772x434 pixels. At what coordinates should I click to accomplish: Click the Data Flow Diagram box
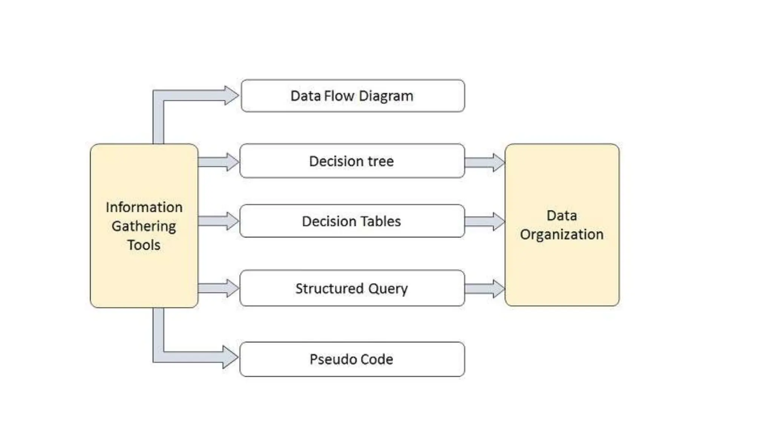tap(352, 96)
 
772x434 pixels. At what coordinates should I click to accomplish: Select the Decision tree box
tap(352, 161)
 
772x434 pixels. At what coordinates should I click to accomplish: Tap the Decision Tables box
tap(352, 221)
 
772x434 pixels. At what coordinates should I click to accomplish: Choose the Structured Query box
tap(352, 288)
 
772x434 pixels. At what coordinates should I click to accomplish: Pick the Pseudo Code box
tap(352, 359)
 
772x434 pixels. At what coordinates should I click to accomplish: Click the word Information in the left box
tap(144, 207)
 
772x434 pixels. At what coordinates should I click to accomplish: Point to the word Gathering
tap(144, 226)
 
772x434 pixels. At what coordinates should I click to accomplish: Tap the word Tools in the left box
tap(144, 245)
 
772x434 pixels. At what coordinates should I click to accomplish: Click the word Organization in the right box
tap(562, 234)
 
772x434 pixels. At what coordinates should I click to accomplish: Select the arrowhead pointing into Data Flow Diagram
tap(231, 95)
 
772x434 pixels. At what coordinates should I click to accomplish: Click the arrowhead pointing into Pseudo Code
tap(230, 357)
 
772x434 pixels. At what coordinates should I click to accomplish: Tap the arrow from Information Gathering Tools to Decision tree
tap(218, 162)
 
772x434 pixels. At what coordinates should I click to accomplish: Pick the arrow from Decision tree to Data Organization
tap(484, 162)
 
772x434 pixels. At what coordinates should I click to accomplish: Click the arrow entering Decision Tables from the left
tap(218, 221)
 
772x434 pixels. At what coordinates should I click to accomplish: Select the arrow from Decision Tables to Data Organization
tap(484, 221)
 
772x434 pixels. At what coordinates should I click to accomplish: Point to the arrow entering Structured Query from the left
tap(218, 288)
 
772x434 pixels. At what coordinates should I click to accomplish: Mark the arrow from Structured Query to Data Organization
tap(484, 289)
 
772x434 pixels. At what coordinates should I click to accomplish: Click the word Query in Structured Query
tap(388, 289)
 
